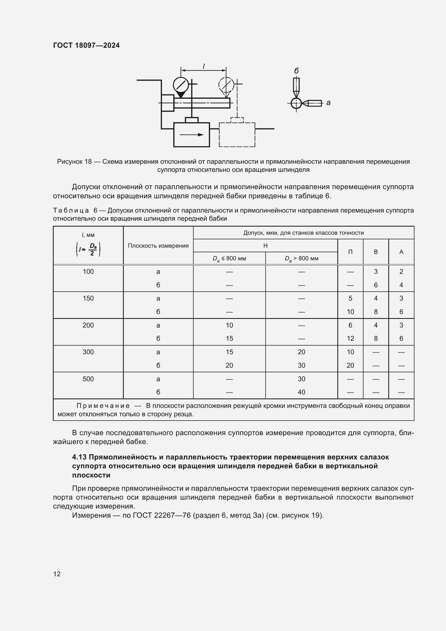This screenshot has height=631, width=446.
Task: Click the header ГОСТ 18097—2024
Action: click(x=86, y=45)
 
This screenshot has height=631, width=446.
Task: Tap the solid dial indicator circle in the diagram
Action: click(x=181, y=85)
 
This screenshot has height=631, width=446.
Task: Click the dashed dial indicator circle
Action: click(x=226, y=85)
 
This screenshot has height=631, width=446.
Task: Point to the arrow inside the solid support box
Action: click(x=191, y=135)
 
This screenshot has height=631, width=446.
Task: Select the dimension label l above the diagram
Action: click(x=204, y=66)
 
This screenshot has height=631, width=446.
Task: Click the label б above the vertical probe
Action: click(x=296, y=71)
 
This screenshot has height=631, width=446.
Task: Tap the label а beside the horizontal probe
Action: click(x=328, y=103)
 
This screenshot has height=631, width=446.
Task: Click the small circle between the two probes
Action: click(x=296, y=104)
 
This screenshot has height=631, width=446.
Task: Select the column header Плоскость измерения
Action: click(x=158, y=246)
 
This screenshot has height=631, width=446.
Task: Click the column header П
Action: click(x=350, y=252)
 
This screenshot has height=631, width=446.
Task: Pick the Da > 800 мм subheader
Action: click(x=301, y=258)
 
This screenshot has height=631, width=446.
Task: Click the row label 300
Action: click(x=88, y=352)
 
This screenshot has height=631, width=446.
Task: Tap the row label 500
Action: click(x=88, y=379)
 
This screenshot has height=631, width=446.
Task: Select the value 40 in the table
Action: click(x=301, y=392)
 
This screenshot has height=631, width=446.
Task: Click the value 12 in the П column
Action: click(x=350, y=339)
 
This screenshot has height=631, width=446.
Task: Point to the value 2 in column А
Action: click(x=401, y=272)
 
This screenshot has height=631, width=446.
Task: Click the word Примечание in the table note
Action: click(x=103, y=406)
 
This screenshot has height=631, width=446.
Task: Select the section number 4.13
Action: click(x=79, y=457)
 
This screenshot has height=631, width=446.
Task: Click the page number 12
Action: click(x=57, y=574)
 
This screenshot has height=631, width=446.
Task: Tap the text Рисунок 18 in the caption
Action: click(x=74, y=162)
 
